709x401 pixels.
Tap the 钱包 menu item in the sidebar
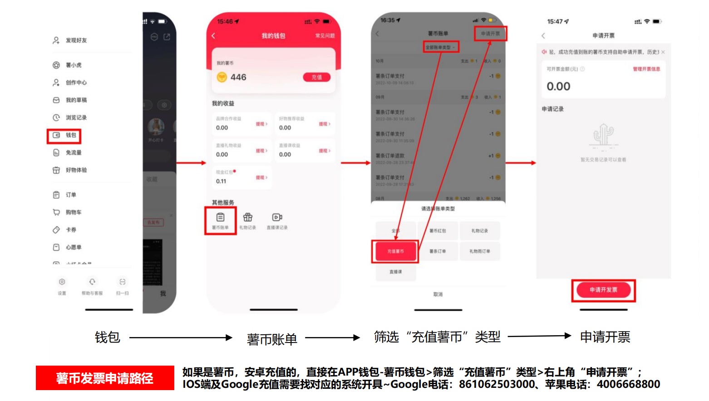[x=64, y=135]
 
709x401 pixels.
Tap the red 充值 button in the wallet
[x=316, y=78]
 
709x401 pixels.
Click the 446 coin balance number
[x=238, y=78]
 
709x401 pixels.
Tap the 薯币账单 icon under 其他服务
[x=220, y=220]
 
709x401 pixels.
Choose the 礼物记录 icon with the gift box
[x=247, y=220]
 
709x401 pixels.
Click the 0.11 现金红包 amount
[x=221, y=181]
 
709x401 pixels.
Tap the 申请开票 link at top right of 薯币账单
[x=490, y=34]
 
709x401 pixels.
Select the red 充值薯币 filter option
[x=395, y=251]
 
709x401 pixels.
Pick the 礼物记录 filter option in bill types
[x=479, y=231]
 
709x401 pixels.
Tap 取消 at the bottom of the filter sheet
[x=438, y=294]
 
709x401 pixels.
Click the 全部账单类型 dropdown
[x=440, y=47]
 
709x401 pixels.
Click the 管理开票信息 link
[x=646, y=69]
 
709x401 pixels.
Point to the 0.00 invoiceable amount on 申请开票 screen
[x=558, y=87]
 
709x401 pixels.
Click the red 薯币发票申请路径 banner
[x=105, y=378]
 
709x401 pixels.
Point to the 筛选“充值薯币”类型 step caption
[x=437, y=337]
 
